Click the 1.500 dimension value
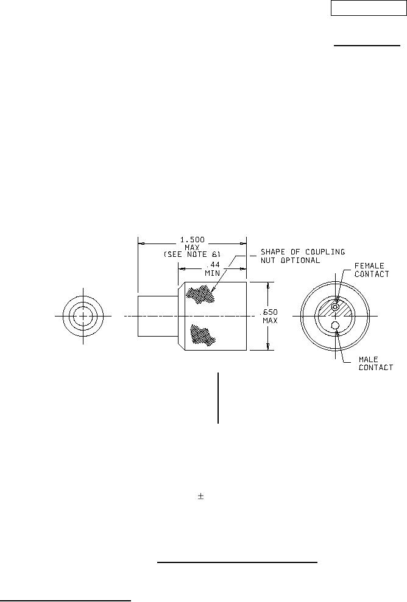click(x=193, y=240)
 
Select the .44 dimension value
click(x=213, y=265)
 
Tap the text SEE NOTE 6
click(x=192, y=254)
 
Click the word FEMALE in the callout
click(x=369, y=265)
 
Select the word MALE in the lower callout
click(x=368, y=360)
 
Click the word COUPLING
click(x=325, y=252)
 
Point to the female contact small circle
click(x=336, y=307)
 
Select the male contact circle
click(x=335, y=326)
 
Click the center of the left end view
click(x=83, y=316)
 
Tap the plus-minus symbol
click(x=200, y=497)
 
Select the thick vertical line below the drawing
click(x=218, y=397)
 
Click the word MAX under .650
click(x=270, y=321)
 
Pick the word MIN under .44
click(x=213, y=273)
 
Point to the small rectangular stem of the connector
click(x=158, y=316)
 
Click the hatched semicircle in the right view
click(x=335, y=308)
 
